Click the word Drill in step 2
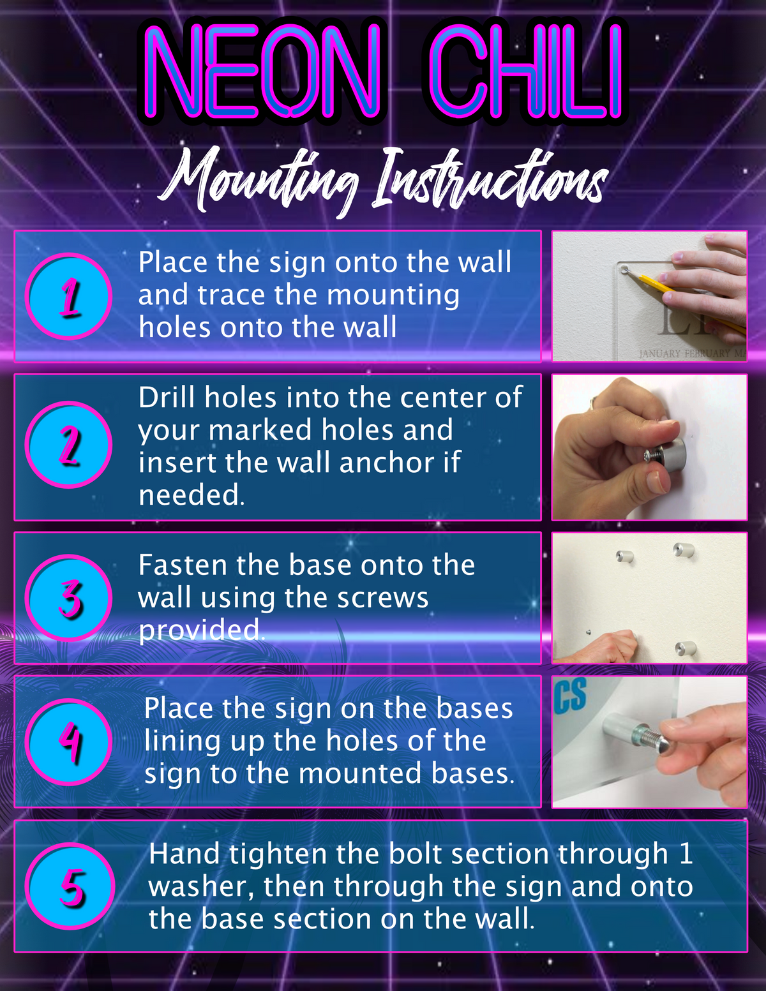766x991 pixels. [167, 397]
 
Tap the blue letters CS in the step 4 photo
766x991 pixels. [570, 695]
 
